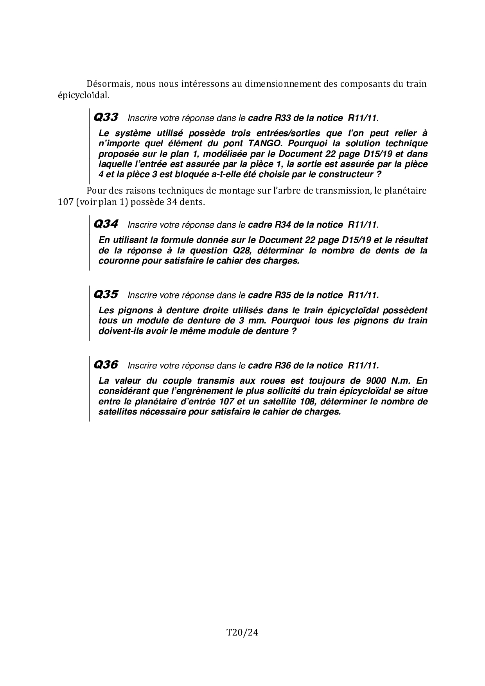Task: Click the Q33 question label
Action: coord(106,117)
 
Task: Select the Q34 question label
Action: coord(106,224)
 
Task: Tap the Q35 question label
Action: coord(106,295)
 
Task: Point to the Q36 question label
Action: coord(106,365)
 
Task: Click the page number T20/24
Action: coord(242,632)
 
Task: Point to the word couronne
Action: coord(117,260)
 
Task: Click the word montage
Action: coord(227,191)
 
